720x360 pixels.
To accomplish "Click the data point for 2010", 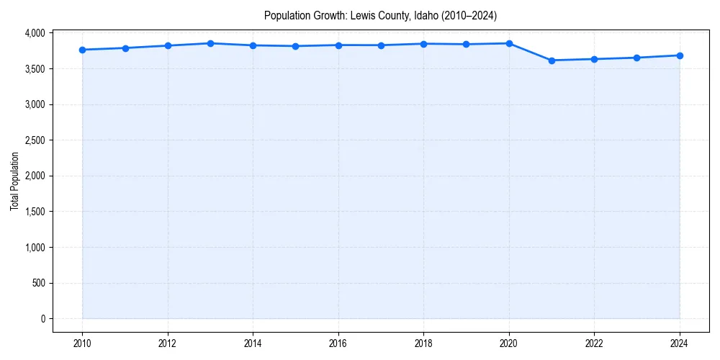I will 82,50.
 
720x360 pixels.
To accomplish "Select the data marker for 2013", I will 210,43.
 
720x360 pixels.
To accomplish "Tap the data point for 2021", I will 552,60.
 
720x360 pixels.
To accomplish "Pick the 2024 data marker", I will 680,55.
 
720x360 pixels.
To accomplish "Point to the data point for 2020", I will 509,43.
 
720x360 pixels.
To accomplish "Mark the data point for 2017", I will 381,45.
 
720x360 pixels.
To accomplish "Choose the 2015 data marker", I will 296,46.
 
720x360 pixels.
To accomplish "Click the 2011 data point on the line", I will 125,48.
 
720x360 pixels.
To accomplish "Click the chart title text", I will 380,15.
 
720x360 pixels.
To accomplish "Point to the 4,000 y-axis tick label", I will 33,33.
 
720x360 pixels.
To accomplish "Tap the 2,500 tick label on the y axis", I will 33,140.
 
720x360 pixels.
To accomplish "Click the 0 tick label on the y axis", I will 42,319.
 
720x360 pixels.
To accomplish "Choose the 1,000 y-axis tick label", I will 33,248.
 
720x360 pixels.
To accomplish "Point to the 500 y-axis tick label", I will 37,283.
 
